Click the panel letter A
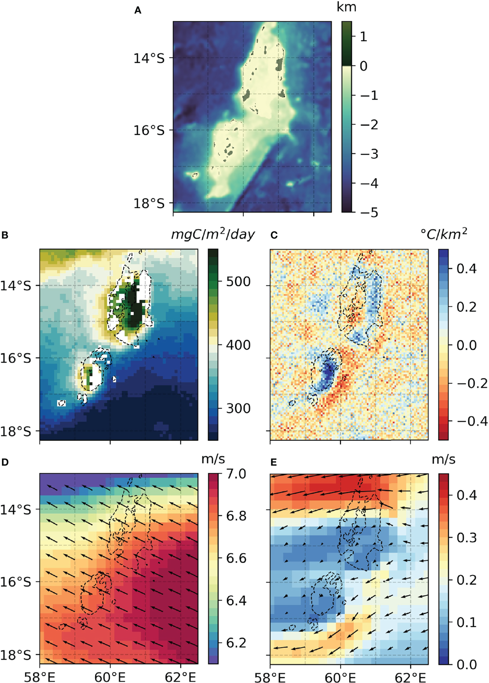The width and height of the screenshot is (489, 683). click(x=138, y=11)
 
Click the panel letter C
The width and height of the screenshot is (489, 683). click(x=274, y=235)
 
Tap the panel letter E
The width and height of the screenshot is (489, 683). click(x=274, y=462)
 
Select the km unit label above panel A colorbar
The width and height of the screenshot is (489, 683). click(x=346, y=7)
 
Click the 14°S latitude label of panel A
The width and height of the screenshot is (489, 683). click(x=149, y=58)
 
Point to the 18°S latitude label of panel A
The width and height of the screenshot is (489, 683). click(x=149, y=204)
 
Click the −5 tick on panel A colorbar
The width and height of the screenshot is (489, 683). click(x=369, y=213)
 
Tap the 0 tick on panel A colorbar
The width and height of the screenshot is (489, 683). click(x=363, y=66)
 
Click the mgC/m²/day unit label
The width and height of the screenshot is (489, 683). click(x=213, y=235)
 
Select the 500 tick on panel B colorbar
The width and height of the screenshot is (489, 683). click(x=238, y=282)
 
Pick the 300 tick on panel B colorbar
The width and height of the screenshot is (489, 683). click(x=238, y=409)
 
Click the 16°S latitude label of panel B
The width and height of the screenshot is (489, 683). click(x=16, y=358)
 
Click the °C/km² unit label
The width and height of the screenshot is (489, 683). click(x=444, y=235)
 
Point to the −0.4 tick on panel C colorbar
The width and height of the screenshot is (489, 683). click(x=472, y=421)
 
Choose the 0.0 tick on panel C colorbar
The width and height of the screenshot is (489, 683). click(x=467, y=345)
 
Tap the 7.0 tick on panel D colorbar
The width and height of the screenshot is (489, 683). click(x=236, y=474)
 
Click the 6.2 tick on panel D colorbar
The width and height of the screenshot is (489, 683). click(x=236, y=643)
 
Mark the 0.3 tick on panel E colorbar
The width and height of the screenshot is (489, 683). click(x=467, y=538)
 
